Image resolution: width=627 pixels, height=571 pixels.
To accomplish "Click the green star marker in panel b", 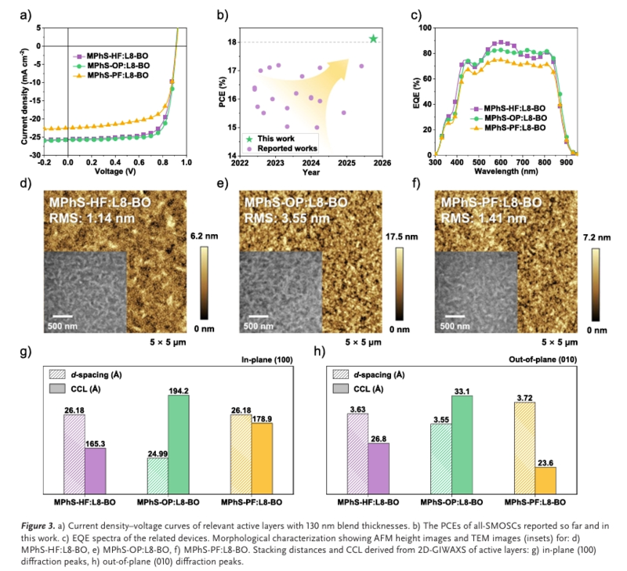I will [x=373, y=38].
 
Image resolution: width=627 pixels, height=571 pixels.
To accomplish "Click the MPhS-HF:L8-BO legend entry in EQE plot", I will [x=513, y=107].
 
